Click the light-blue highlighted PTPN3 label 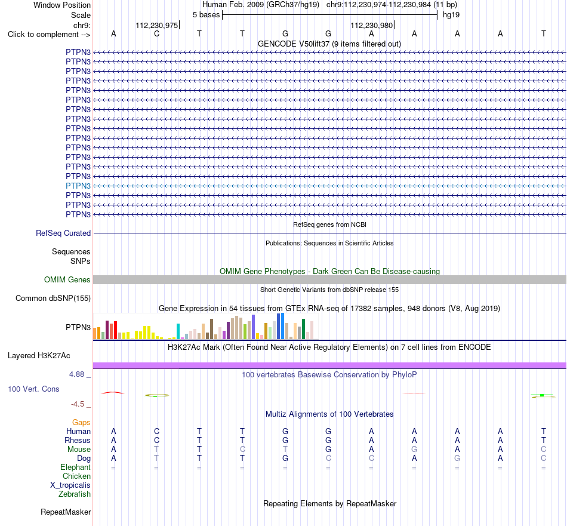78,186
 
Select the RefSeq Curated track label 63,233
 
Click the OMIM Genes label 67,279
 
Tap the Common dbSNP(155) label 53,298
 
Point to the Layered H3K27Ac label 39,356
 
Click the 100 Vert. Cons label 33,389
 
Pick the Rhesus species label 78,440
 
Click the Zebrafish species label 75,494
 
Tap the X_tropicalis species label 70,485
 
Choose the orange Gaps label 81,423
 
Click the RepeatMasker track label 66,512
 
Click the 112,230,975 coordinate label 157,25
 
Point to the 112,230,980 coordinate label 372,25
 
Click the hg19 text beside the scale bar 451,15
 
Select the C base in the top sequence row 156,33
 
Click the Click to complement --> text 49,35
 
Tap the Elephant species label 75,467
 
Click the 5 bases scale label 206,15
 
